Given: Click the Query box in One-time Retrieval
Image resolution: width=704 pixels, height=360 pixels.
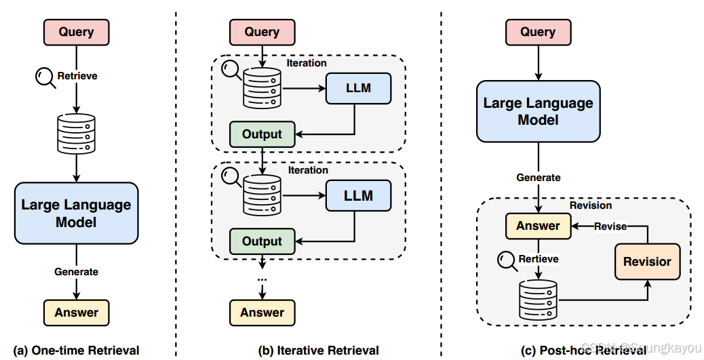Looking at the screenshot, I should tap(76, 32).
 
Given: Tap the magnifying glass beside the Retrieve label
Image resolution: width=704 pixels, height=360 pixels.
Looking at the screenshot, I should tap(45, 77).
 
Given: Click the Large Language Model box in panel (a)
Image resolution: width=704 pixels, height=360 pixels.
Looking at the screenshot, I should tap(76, 213).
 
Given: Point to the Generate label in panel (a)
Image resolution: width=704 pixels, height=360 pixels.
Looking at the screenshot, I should tap(76, 272).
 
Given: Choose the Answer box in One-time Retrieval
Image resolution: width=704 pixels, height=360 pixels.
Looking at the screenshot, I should tap(76, 313).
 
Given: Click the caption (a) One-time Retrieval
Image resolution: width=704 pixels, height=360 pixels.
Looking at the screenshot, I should tap(76, 351).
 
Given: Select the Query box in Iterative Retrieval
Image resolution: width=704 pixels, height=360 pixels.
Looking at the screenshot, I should tap(262, 32).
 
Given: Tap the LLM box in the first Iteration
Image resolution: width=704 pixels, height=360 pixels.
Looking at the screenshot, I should tap(358, 87).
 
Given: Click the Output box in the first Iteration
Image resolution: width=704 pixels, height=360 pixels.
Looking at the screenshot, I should tap(262, 134).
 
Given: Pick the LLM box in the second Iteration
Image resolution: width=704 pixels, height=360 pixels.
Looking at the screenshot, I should tap(358, 196).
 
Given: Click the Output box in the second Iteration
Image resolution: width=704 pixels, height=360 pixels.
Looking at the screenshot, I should tap(262, 241).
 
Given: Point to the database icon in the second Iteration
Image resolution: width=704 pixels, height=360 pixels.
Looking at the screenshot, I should tap(262, 196).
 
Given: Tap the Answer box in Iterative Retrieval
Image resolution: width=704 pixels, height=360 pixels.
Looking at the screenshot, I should tap(262, 313).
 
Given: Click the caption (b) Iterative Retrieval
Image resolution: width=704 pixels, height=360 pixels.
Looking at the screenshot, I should tap(319, 351).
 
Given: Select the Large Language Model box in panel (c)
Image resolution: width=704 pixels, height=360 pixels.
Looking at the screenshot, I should tap(538, 111).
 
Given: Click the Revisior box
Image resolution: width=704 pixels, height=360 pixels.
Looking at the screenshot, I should tap(647, 262).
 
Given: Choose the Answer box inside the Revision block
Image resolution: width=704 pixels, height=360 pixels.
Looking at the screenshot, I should tap(538, 226).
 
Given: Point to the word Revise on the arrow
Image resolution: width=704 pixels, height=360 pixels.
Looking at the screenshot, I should tap(610, 226).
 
